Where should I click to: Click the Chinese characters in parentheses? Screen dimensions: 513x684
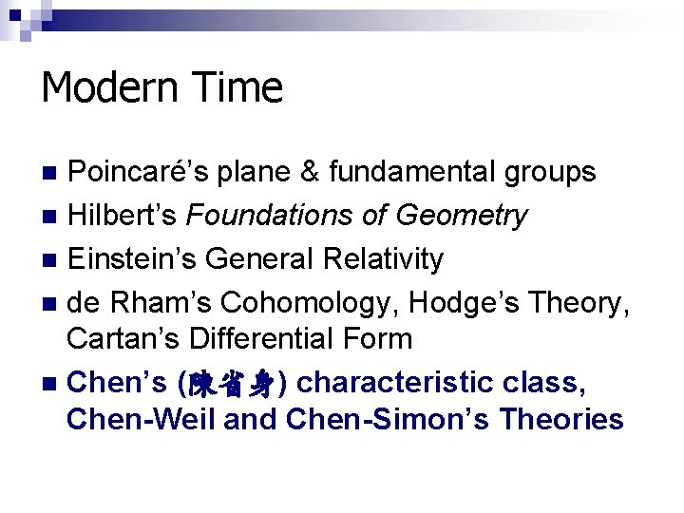pyautogui.click(x=232, y=383)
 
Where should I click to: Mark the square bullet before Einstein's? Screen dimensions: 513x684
pyautogui.click(x=49, y=259)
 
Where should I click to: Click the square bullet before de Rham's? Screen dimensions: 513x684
pyautogui.click(x=49, y=303)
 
